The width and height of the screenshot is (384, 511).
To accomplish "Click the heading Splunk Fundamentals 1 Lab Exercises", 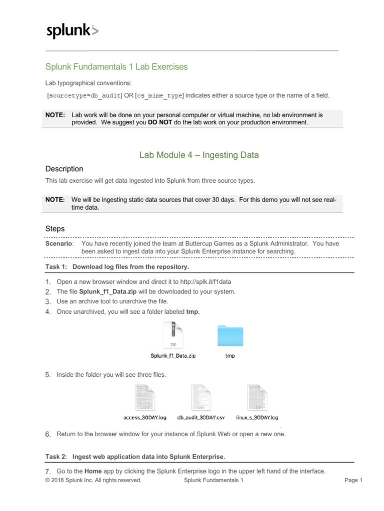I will click(116, 66).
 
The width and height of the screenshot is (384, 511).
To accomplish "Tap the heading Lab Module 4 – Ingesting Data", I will click(199, 155).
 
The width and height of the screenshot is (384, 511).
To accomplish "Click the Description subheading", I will click(64, 169).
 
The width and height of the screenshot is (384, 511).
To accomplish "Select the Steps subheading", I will click(55, 229).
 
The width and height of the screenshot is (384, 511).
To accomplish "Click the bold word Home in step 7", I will click(93, 471).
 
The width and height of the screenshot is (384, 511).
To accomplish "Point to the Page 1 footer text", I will click(353, 481).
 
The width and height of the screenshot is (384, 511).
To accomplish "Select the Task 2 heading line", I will click(135, 456).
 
